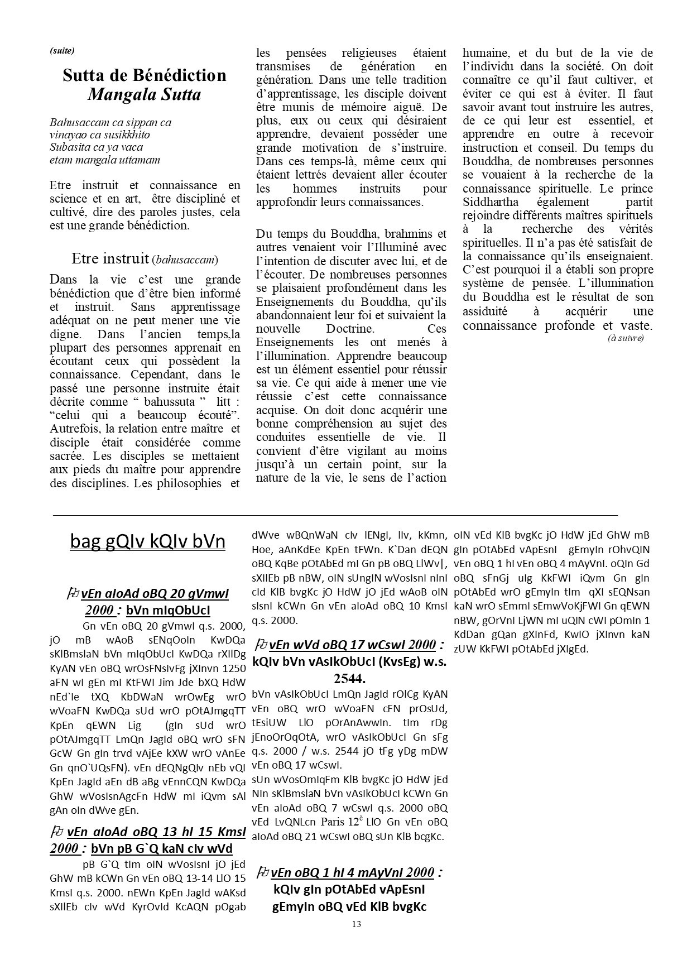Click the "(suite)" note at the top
(62, 51)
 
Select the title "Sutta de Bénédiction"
(145, 75)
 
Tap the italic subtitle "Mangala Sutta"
(144, 94)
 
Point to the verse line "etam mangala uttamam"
(104, 160)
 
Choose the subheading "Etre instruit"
(110, 258)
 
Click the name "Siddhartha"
(491, 202)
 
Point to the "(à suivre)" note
(626, 338)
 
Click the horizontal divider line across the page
(335, 515)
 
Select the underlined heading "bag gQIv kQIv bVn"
(148, 541)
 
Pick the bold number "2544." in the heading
(349, 679)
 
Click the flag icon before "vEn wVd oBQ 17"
(261, 645)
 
